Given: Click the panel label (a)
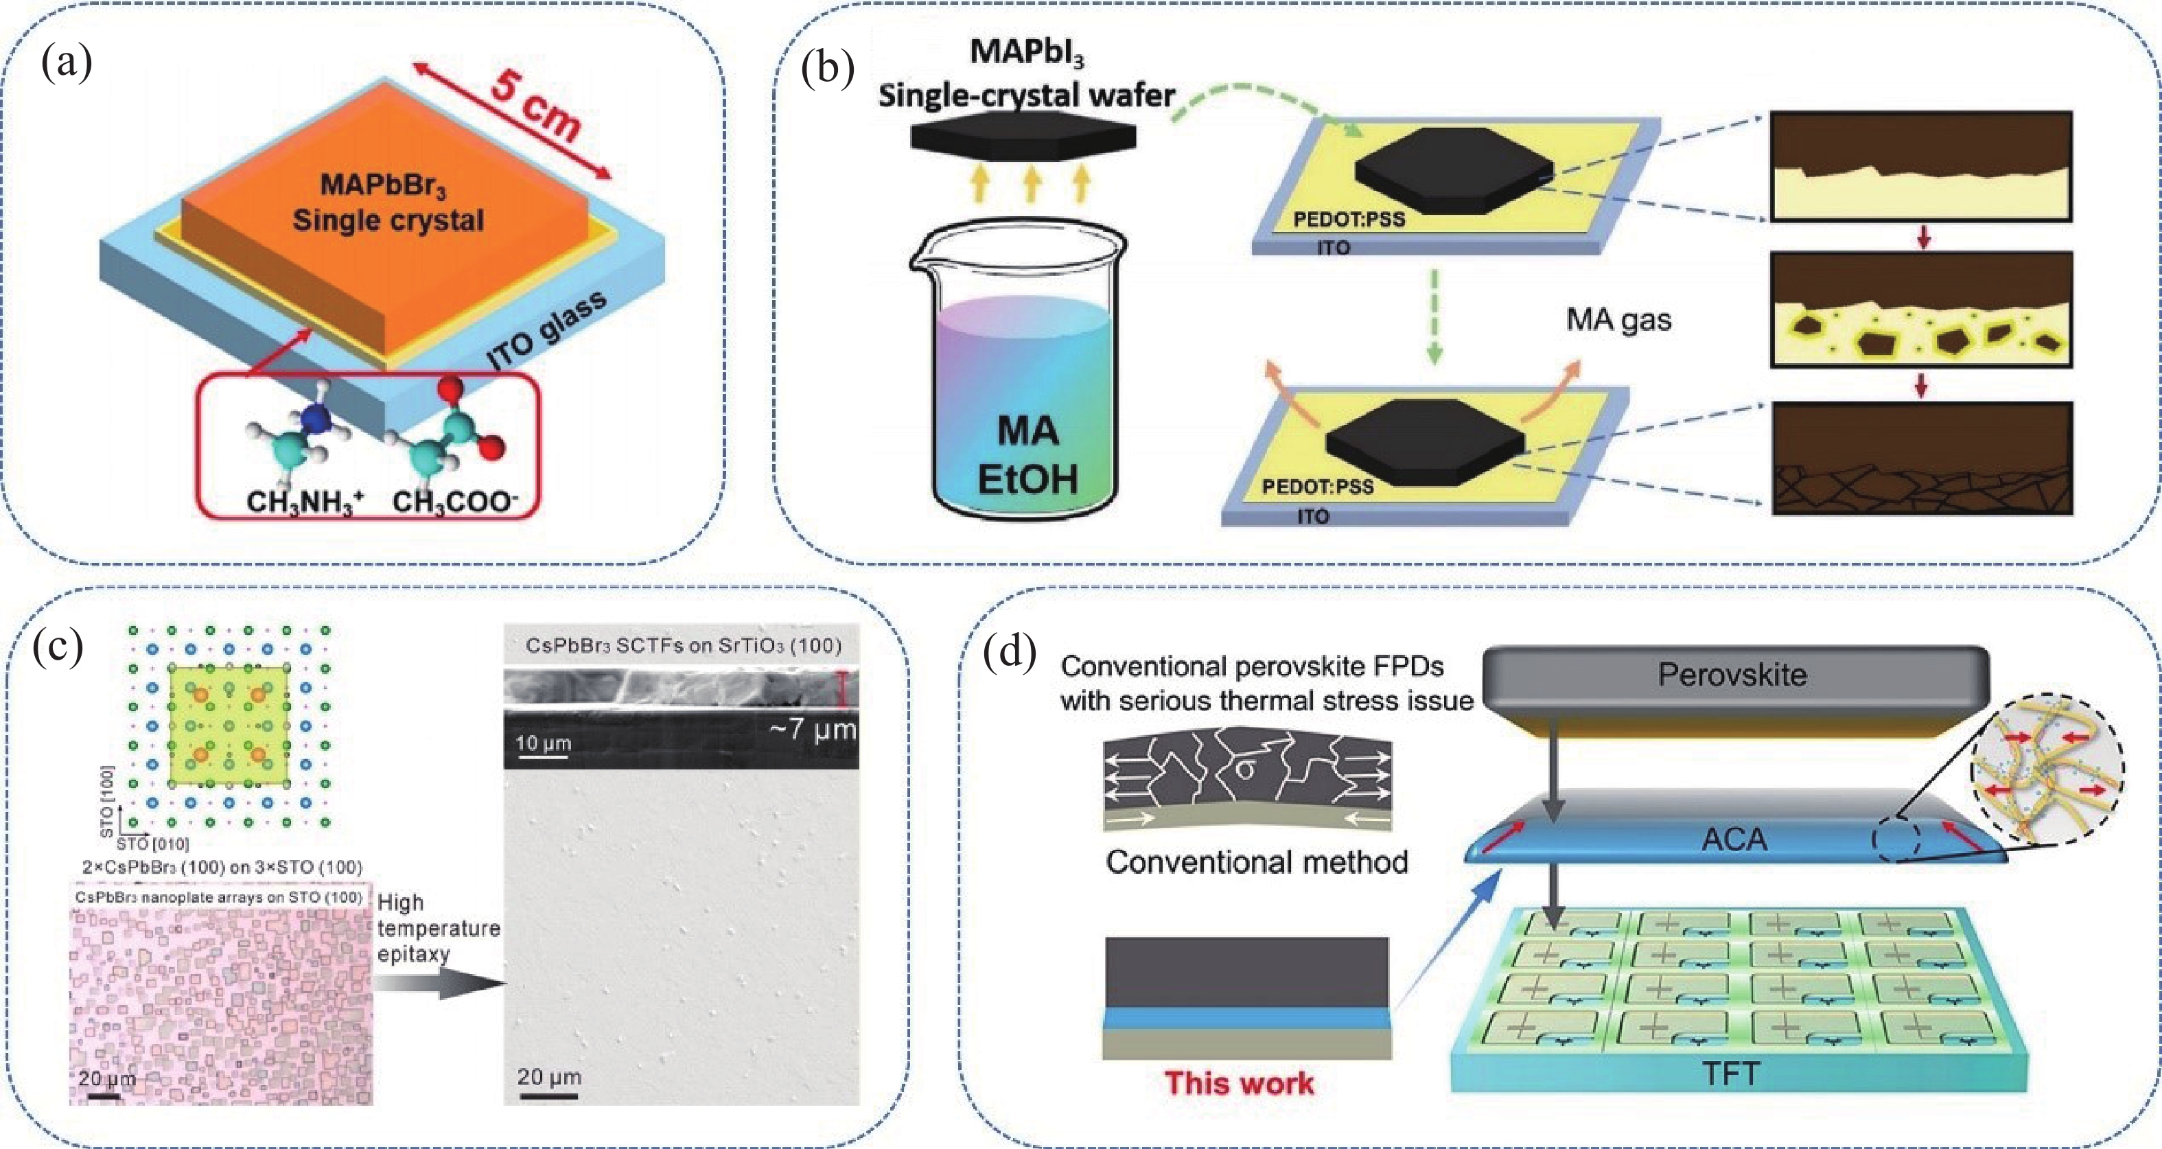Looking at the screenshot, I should pos(67,63).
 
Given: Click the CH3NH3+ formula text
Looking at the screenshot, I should pos(304,502).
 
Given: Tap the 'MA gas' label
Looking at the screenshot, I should pos(1618,320).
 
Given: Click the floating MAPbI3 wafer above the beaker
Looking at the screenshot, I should pos(1023,138).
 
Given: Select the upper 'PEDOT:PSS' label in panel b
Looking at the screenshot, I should pos(1349,219).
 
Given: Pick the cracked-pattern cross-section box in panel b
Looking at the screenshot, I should pos(1922,459).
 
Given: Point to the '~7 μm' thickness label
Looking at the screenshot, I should pos(811,728).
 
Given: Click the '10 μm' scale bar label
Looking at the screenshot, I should pos(542,743).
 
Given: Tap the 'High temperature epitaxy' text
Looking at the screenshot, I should pos(437,928).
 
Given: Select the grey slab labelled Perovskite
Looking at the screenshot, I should pos(1733,675).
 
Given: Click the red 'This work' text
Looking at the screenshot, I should pos(1239,1082).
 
